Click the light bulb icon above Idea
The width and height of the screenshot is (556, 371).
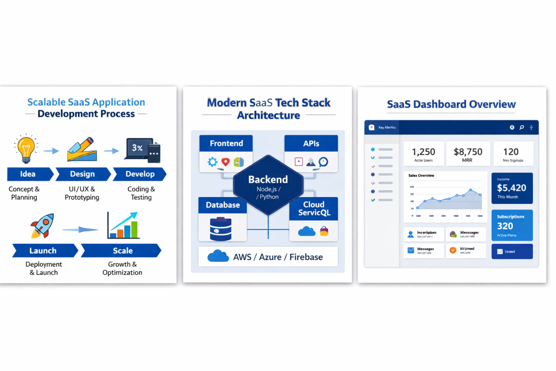tap(25, 148)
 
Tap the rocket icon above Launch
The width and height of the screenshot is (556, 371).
tap(42, 226)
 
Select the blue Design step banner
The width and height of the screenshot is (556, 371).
tap(82, 174)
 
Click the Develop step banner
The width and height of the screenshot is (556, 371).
tap(140, 174)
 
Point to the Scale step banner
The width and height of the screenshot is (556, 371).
tap(122, 251)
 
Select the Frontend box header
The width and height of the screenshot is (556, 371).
tap(226, 143)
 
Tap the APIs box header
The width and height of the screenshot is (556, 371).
tap(311, 143)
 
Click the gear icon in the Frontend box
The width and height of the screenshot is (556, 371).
tap(213, 162)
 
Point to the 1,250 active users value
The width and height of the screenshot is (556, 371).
tap(423, 152)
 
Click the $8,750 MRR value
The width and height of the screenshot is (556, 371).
tap(468, 152)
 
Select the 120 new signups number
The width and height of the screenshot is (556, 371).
tap(511, 152)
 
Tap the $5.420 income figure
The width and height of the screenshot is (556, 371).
tap(511, 188)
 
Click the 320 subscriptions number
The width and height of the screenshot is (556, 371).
tap(505, 226)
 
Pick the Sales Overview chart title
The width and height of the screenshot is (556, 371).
tap(421, 176)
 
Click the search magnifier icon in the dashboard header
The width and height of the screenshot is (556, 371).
tap(522, 128)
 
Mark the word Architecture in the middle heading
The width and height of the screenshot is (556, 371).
tap(268, 115)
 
